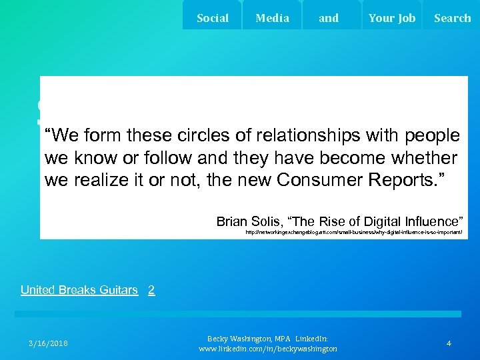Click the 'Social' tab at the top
tap(213, 18)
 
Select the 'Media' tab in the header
tap(273, 18)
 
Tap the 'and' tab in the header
tap(329, 18)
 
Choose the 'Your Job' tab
tap(392, 18)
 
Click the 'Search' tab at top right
tap(452, 18)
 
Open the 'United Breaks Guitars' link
tap(79, 290)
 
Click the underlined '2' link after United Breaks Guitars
tap(151, 290)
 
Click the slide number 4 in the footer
tap(449, 343)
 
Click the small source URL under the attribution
tap(353, 233)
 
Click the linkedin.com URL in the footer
tap(268, 349)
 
